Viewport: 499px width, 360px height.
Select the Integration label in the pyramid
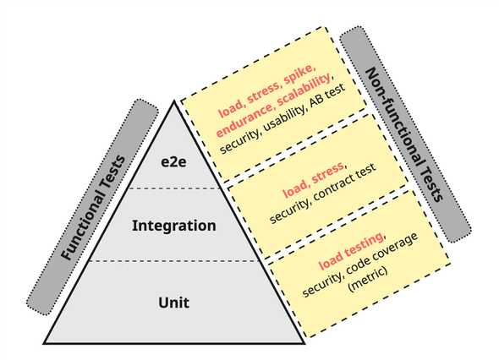(173, 226)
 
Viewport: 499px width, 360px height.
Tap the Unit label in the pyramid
(173, 302)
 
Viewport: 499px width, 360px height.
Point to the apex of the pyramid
(174, 101)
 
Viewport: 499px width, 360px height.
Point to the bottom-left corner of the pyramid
(45, 342)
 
